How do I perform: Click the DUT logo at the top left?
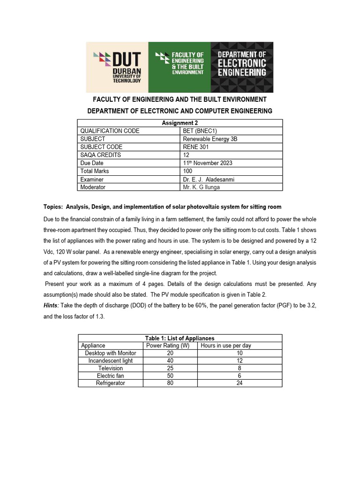[x=117, y=67]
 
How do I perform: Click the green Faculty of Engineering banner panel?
[x=179, y=67]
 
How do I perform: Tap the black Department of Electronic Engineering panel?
[x=242, y=67]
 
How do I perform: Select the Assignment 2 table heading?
[x=180, y=123]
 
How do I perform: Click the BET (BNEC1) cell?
[x=199, y=131]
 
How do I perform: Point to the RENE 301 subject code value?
[x=196, y=147]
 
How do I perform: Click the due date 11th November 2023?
[x=208, y=163]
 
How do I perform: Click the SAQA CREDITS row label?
[x=101, y=155]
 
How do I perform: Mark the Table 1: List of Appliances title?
[x=180, y=338]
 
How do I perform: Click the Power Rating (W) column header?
[x=168, y=345]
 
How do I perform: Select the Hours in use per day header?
[x=226, y=345]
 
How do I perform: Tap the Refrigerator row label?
[x=111, y=383]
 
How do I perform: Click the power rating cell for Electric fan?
[x=170, y=375]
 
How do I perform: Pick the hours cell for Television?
[x=240, y=368]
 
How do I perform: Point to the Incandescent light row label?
[x=111, y=360]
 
